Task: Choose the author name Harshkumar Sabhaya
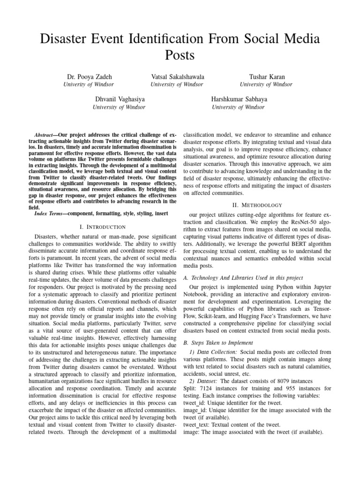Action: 238,99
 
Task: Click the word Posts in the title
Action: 180,55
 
